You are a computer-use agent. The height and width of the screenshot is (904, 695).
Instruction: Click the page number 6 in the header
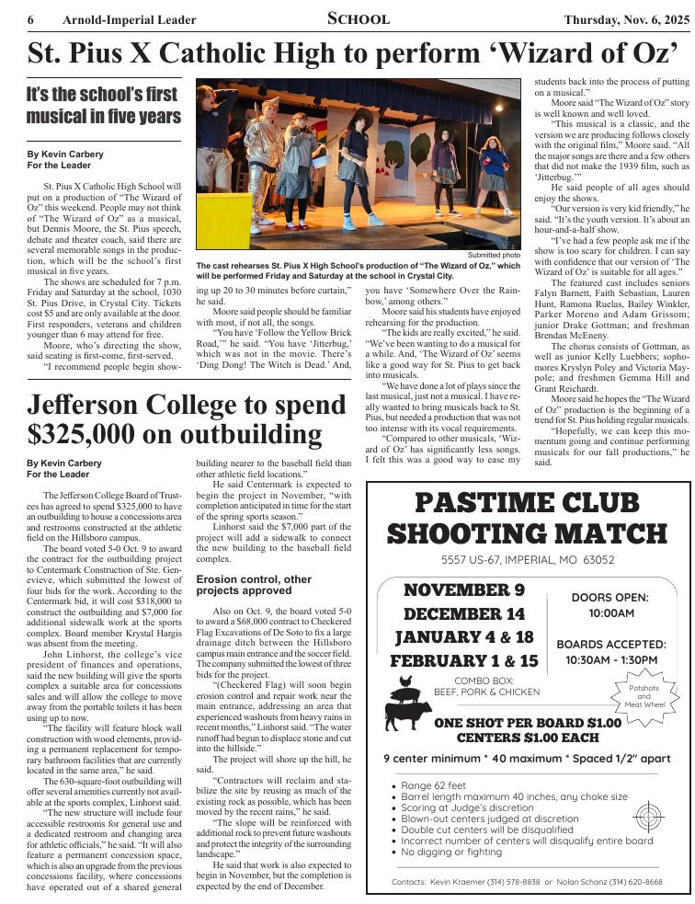point(31,20)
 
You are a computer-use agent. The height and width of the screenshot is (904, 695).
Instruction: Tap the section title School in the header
point(359,19)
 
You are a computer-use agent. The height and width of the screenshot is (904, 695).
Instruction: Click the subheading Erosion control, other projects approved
point(254,585)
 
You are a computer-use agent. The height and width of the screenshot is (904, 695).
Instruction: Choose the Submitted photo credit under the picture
point(494,255)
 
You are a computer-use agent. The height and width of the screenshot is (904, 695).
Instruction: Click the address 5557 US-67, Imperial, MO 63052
point(528,559)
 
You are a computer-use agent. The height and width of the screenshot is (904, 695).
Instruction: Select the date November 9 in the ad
point(463,589)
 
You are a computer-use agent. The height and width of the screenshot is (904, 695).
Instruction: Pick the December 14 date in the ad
point(463,613)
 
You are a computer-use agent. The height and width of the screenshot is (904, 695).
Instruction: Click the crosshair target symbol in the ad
point(648,815)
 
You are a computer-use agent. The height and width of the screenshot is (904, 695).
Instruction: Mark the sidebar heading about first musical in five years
point(104,106)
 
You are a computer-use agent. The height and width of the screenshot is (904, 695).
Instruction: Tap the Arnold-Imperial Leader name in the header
point(130,20)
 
